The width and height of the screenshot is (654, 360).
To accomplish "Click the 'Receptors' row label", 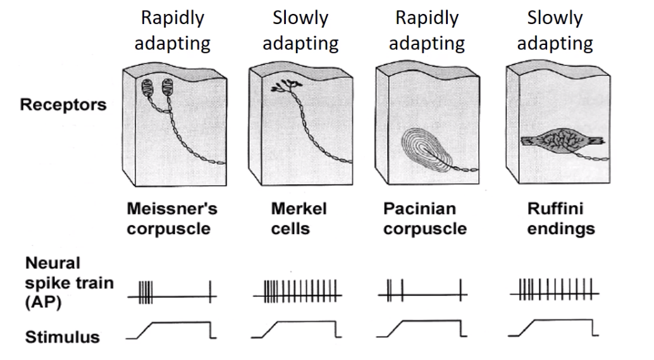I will click(63, 105).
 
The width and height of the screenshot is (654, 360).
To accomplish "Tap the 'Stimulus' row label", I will click(63, 336).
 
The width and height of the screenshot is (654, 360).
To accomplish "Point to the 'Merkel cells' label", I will click(292, 218).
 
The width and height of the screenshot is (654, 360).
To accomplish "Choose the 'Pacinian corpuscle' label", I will click(424, 218).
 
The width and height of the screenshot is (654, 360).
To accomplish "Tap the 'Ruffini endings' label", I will click(561, 218).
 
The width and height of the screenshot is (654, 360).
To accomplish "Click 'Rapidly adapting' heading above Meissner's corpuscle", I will click(173, 31).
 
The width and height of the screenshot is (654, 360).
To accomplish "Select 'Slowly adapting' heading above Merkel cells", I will click(300, 31).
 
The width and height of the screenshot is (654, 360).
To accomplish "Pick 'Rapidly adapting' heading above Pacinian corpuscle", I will click(427, 31).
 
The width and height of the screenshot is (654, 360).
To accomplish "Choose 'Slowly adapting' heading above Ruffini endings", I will click(555, 31).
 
